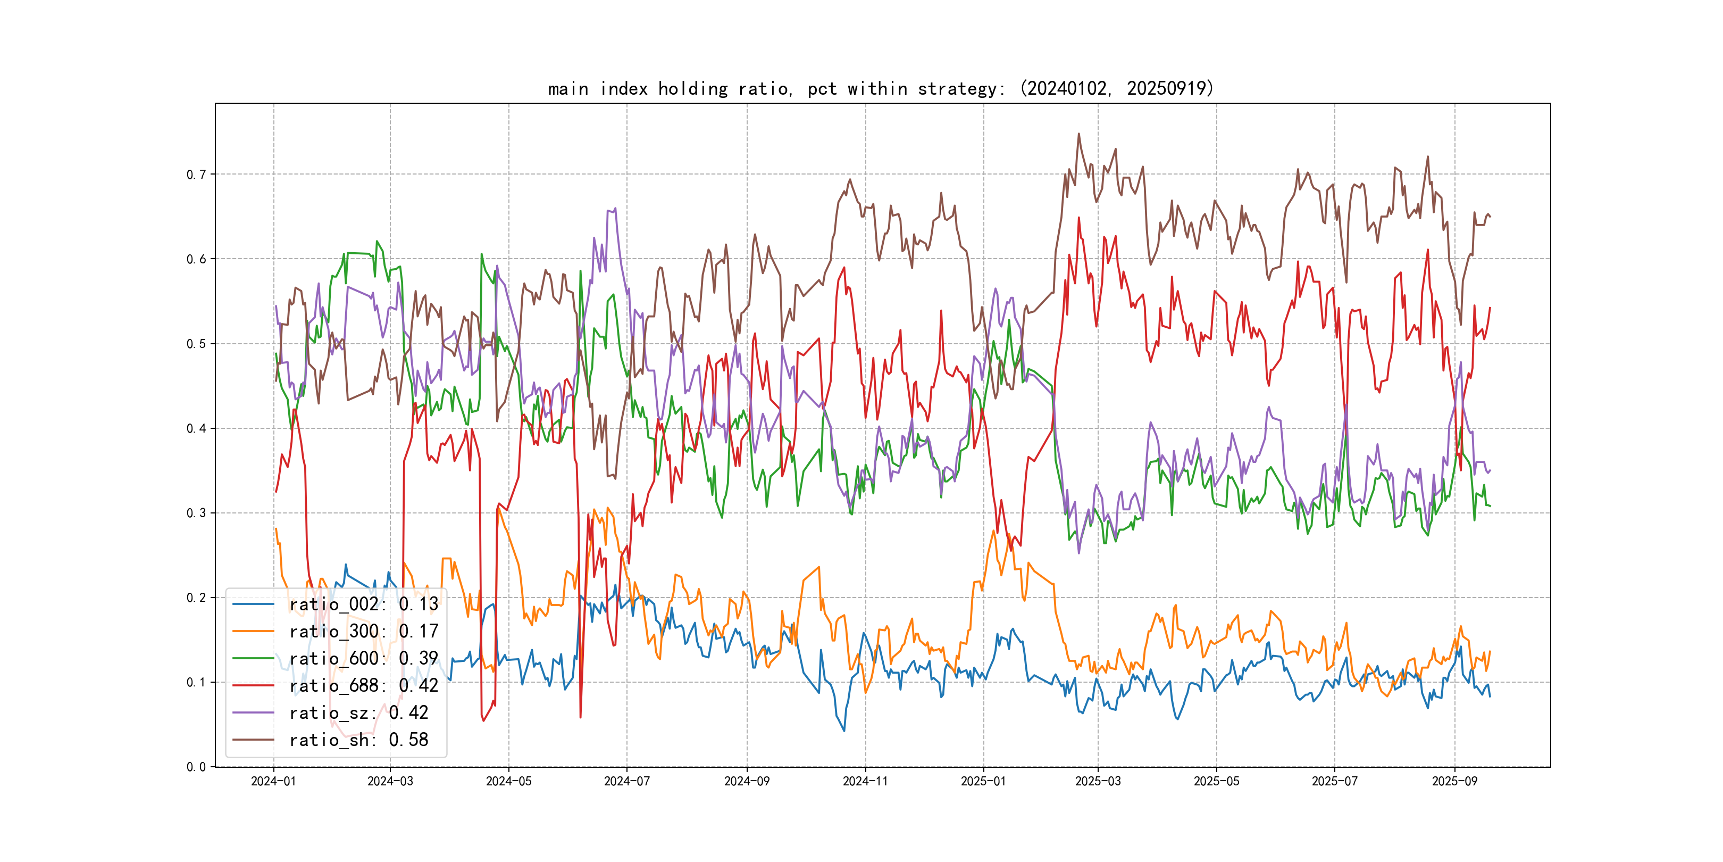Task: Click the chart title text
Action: click(x=881, y=88)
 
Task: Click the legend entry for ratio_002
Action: click(x=363, y=604)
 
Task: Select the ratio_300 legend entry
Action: click(x=363, y=631)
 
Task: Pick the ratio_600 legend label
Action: click(x=363, y=659)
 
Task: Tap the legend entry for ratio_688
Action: click(x=363, y=686)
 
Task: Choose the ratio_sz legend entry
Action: click(x=358, y=713)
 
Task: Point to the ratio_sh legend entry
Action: click(x=358, y=740)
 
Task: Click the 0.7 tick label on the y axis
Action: click(x=196, y=175)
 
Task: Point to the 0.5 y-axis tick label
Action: click(x=196, y=344)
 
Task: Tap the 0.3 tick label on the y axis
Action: click(x=196, y=513)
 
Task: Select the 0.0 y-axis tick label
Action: click(x=196, y=767)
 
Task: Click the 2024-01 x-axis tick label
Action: click(x=273, y=781)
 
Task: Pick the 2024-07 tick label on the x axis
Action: click(x=627, y=781)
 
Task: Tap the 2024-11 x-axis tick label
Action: click(x=866, y=781)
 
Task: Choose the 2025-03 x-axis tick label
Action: click(x=1098, y=781)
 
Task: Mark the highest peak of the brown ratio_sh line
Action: click(x=1078, y=134)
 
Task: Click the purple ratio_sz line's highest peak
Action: click(x=615, y=209)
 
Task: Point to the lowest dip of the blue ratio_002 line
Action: click(x=844, y=730)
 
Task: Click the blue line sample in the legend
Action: click(x=254, y=604)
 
